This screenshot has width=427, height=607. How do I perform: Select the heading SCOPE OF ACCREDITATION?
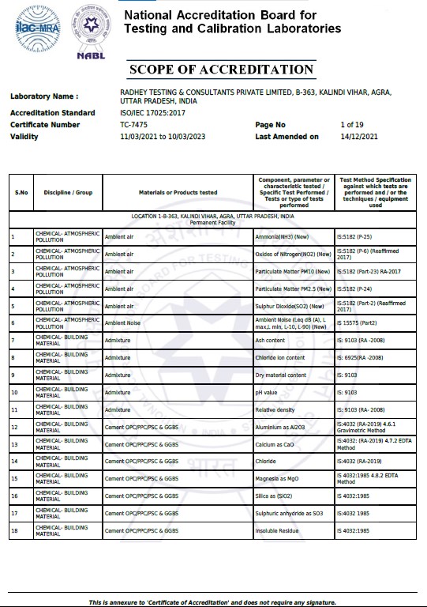click(221, 70)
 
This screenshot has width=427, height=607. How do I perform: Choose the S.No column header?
click(21, 192)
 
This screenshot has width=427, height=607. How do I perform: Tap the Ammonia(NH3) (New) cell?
click(282, 236)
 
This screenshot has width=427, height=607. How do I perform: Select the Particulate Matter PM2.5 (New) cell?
click(291, 289)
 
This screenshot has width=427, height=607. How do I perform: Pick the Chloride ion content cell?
click(281, 358)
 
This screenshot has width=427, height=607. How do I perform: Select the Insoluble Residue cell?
click(279, 530)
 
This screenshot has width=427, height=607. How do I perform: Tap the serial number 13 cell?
click(14, 444)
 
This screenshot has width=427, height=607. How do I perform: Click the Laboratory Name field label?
click(44, 96)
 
